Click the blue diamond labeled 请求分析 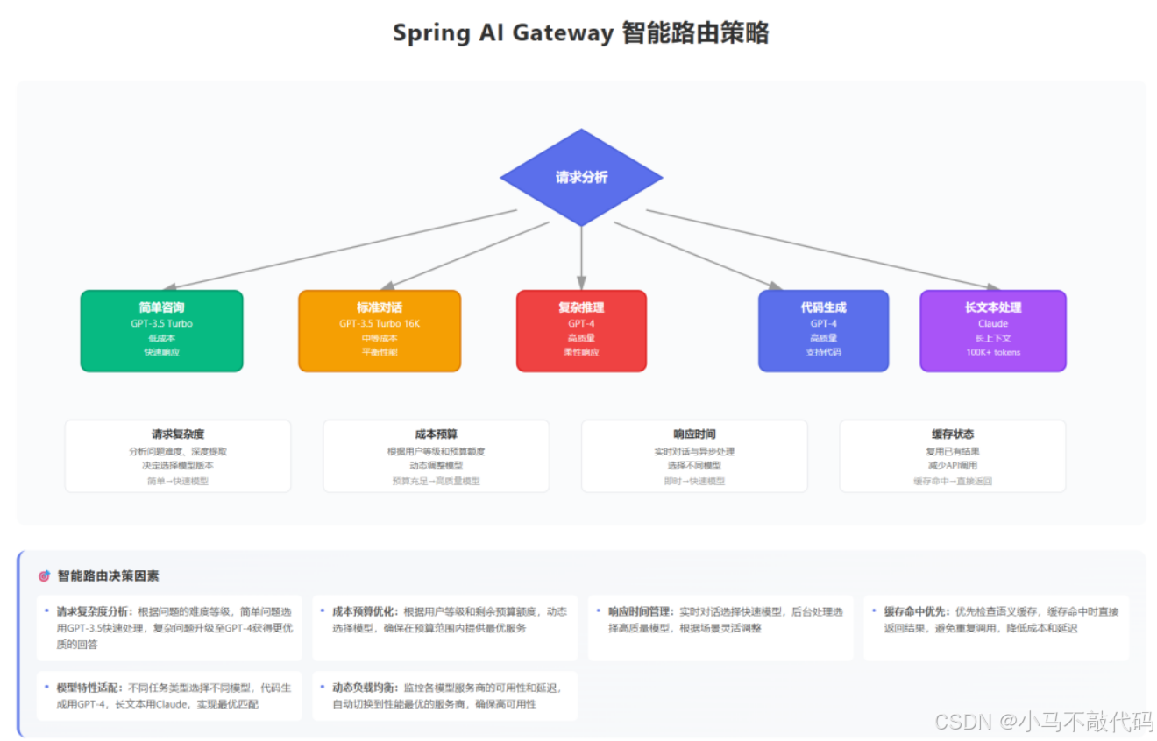click(581, 177)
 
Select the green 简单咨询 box click(161, 330)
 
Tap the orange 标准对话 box click(380, 330)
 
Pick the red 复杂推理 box click(581, 330)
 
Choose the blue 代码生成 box click(823, 330)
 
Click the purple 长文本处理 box click(993, 330)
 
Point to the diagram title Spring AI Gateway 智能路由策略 click(581, 33)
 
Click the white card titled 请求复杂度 click(178, 455)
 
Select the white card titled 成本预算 click(436, 455)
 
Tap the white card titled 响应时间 click(694, 455)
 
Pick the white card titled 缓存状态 click(953, 455)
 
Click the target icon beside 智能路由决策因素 click(44, 576)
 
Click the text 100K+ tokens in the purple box click(993, 352)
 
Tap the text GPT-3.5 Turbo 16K click(380, 323)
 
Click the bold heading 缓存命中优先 click(918, 611)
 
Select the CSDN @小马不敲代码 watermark click(1043, 722)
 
